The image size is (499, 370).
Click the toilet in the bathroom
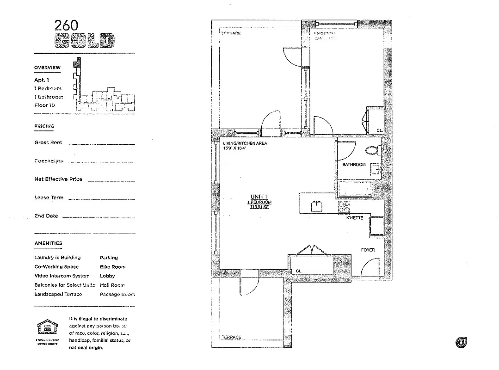pyautogui.click(x=372, y=150)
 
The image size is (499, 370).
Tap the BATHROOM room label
pyautogui.click(x=354, y=165)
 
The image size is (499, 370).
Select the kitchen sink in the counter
pyautogui.click(x=317, y=206)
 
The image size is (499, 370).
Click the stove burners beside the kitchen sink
pyautogui.click(x=344, y=207)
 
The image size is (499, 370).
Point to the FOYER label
pyautogui.click(x=368, y=250)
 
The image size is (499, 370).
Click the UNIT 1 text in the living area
pyautogui.click(x=259, y=197)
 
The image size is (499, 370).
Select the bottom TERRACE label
pyautogui.click(x=231, y=337)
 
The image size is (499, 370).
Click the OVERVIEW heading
pyautogui.click(x=47, y=68)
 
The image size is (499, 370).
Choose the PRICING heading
pyautogui.click(x=44, y=126)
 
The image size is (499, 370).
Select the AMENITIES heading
pyautogui.click(x=48, y=243)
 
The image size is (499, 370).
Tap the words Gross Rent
pyautogui.click(x=48, y=143)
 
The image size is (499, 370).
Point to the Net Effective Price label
pyautogui.click(x=58, y=179)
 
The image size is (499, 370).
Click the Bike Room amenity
pyautogui.click(x=112, y=267)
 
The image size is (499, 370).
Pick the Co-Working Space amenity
pyautogui.click(x=56, y=267)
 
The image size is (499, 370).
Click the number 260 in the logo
pyautogui.click(x=67, y=25)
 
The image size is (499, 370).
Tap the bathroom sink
pyautogui.click(x=375, y=171)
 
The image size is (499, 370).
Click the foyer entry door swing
pyautogui.click(x=370, y=268)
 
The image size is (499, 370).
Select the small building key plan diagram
pyautogui.click(x=104, y=95)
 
